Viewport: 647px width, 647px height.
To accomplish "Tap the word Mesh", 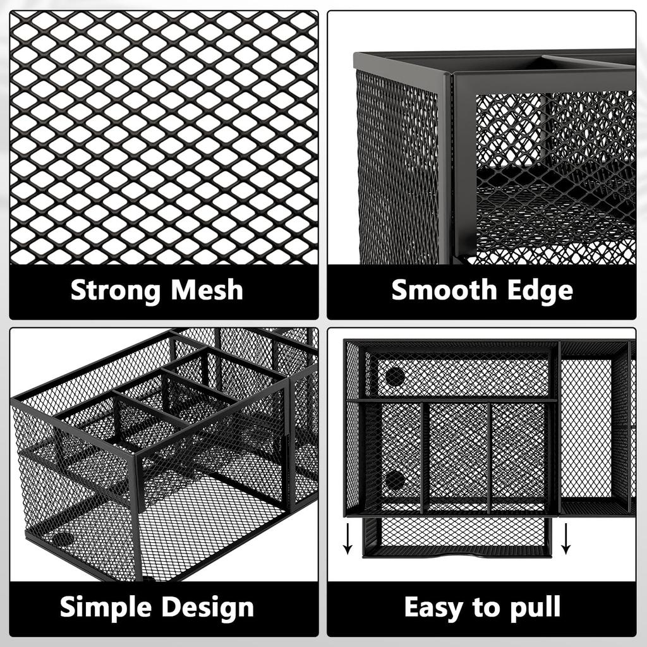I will (x=207, y=290).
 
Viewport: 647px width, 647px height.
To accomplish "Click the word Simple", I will (x=106, y=607).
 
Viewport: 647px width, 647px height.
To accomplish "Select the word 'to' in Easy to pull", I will (x=483, y=607).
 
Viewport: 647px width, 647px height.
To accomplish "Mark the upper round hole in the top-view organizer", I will (x=395, y=377).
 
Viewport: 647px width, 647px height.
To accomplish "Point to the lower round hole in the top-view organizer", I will (x=395, y=480).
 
